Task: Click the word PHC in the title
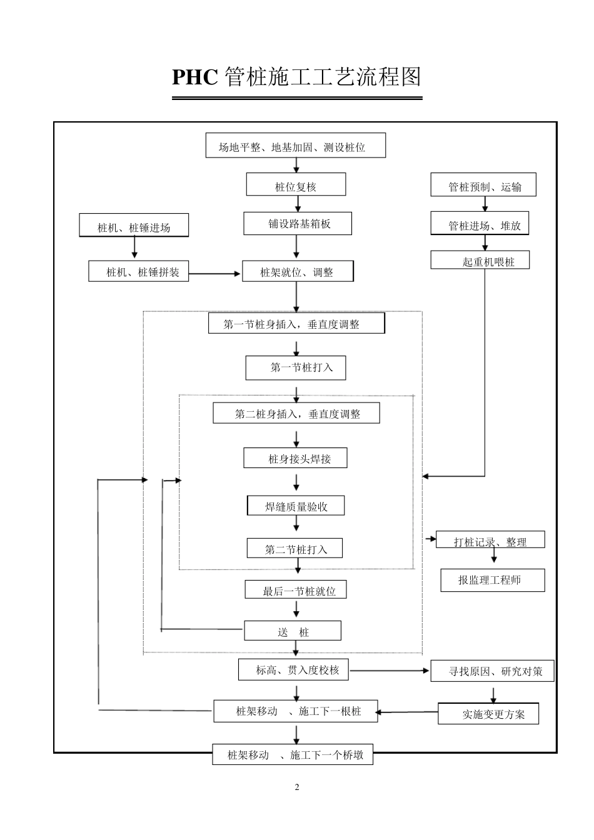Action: [x=194, y=77]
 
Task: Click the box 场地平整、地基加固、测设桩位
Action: [x=296, y=146]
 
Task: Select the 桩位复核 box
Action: [x=296, y=185]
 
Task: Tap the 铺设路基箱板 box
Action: [x=298, y=223]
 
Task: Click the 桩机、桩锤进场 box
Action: [x=134, y=226]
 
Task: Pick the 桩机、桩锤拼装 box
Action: [x=138, y=271]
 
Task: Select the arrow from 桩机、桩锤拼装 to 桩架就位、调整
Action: [x=215, y=273]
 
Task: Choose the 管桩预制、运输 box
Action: [x=483, y=186]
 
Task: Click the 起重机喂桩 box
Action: [x=480, y=261]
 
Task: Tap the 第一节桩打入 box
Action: [x=296, y=367]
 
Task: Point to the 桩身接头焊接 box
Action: [x=296, y=458]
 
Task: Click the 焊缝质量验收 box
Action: [x=296, y=506]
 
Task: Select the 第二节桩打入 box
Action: [x=295, y=548]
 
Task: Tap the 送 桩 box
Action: [x=293, y=631]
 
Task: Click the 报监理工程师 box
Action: [x=492, y=580]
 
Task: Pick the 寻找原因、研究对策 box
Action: [x=493, y=672]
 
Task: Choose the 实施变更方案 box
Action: [x=488, y=714]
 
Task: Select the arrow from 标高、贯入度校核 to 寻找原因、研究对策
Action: [x=389, y=671]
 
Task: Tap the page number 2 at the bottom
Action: [x=297, y=787]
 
